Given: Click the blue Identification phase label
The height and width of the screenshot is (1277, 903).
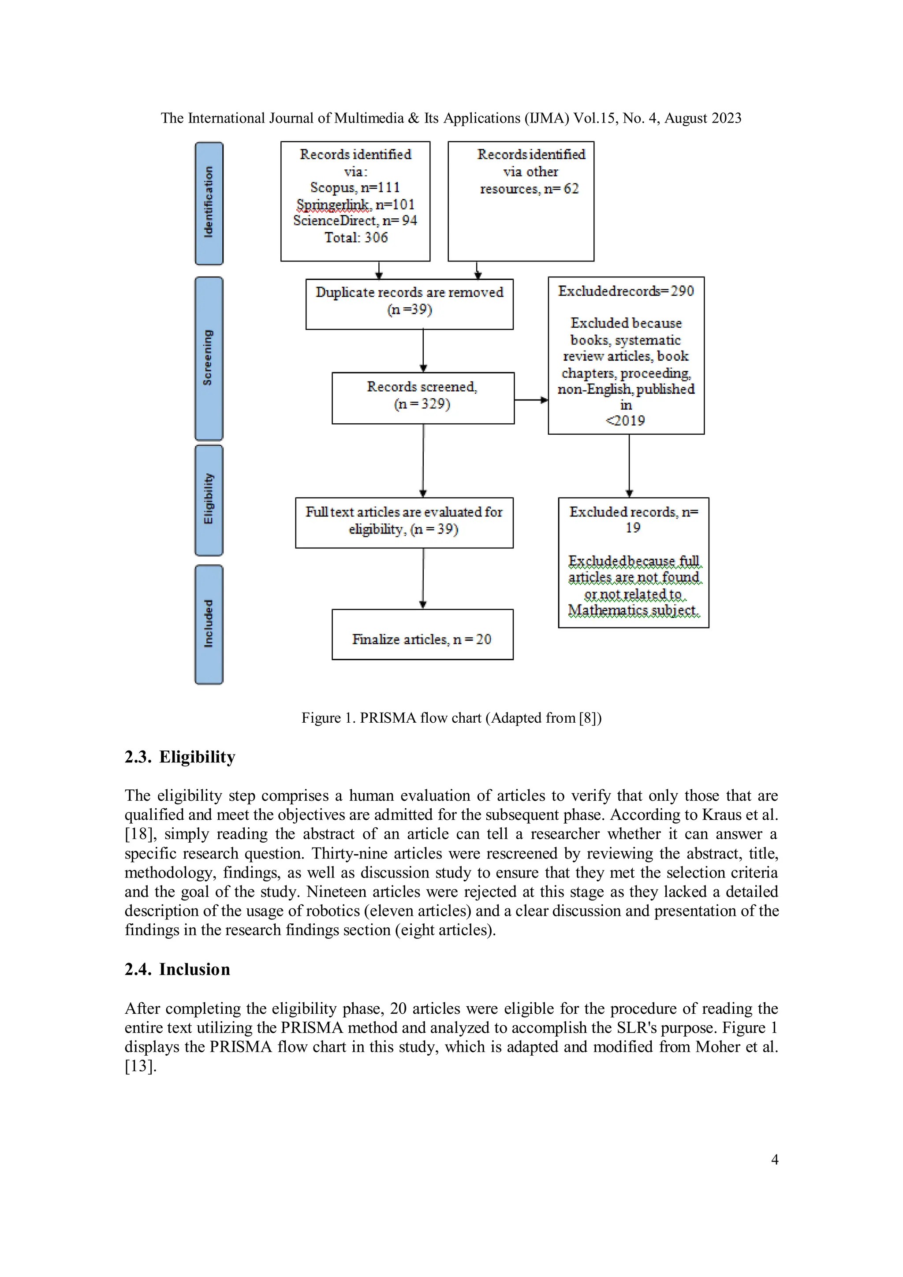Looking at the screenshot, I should (209, 203).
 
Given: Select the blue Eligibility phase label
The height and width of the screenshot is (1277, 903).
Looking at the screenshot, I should (209, 500).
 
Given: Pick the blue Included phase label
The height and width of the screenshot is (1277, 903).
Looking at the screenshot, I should (209, 624).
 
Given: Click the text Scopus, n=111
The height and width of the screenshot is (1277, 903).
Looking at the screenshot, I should (355, 187).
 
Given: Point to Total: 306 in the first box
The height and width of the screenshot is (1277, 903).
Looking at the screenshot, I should (356, 238).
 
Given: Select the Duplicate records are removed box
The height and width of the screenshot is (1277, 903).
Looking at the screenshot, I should (409, 304).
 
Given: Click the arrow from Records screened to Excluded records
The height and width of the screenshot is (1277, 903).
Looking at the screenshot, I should (530, 400).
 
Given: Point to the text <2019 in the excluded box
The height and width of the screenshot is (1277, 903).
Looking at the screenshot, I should (626, 421).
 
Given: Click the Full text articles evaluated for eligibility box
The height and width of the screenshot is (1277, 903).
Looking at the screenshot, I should (404, 522).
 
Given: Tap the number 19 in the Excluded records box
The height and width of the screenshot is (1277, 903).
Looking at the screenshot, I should (633, 528).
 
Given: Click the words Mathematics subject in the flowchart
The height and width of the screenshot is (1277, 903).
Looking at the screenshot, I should (633, 610).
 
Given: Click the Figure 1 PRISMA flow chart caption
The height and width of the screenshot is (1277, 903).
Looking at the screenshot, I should (451, 717).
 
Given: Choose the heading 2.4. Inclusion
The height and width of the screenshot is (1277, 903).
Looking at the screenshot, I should (177, 969).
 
